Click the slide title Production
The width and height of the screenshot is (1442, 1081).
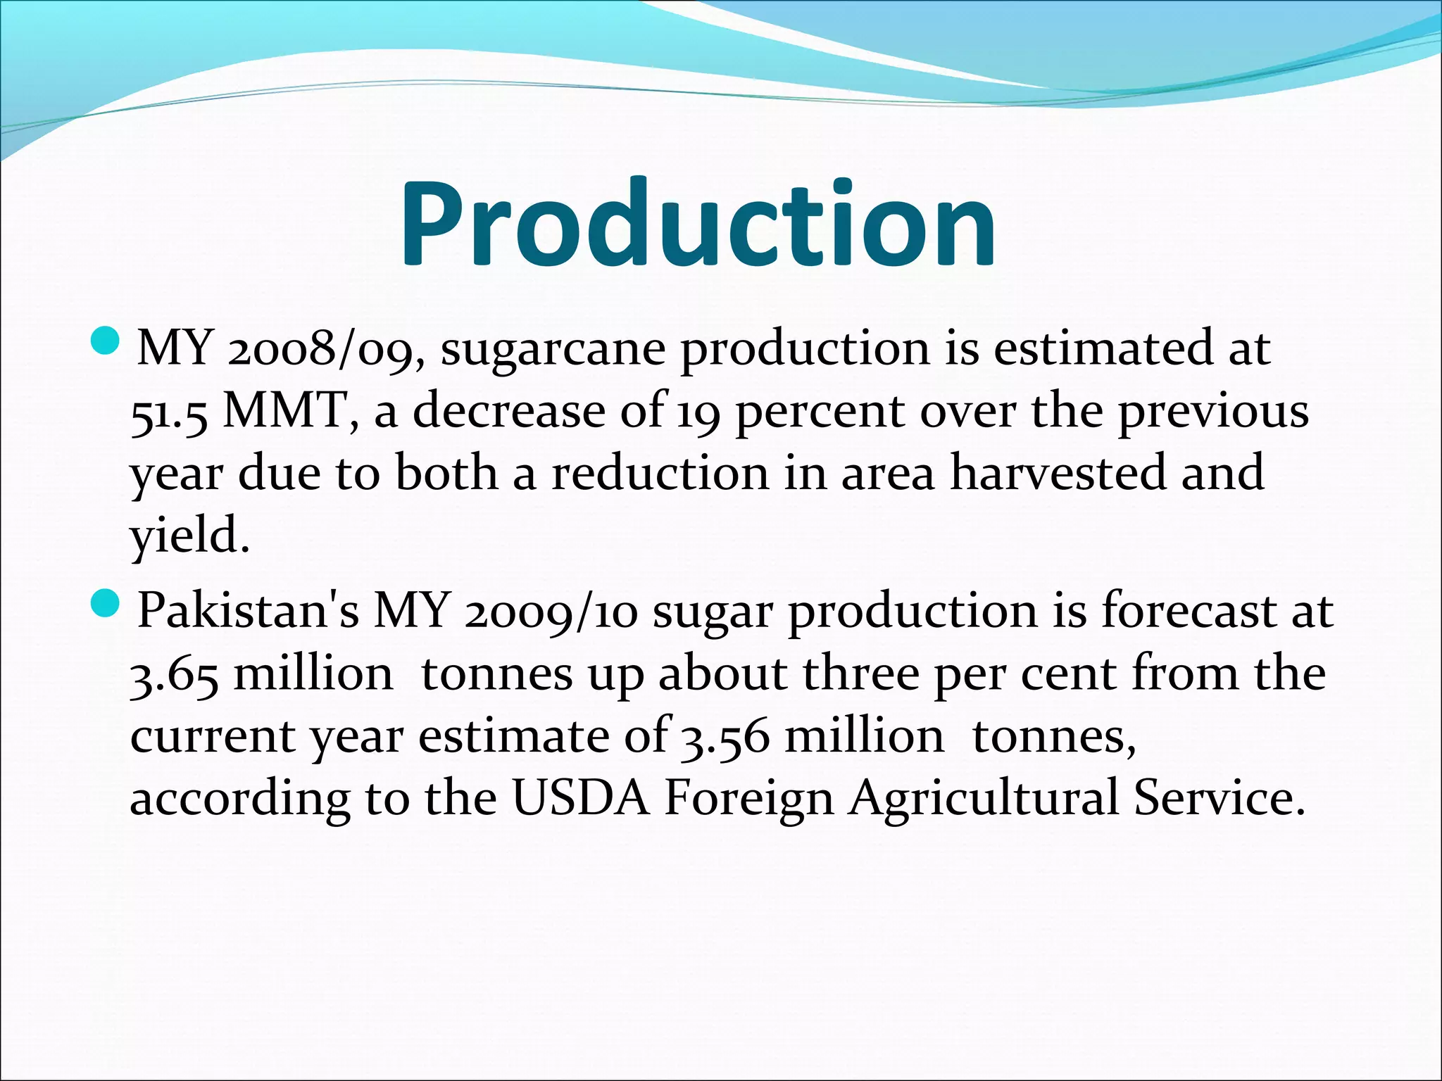[698, 224]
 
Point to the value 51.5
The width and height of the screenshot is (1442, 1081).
[169, 412]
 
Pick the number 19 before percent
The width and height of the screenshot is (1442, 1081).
[698, 412]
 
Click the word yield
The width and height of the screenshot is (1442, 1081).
[189, 536]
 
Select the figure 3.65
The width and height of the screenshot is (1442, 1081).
[174, 675]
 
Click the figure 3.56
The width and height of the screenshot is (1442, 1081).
[725, 738]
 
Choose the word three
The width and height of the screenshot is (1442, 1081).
[860, 674]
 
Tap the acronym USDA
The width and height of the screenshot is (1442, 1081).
[580, 799]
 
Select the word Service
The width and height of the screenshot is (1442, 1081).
[1219, 799]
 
